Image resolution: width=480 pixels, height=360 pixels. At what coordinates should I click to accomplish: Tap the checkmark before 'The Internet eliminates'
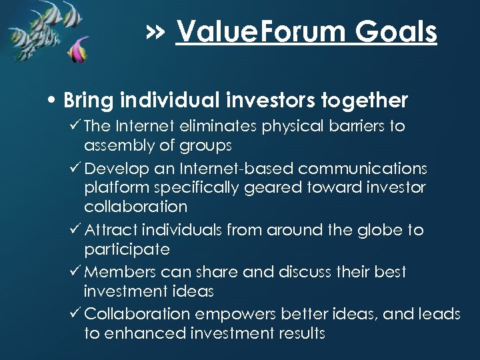click(73, 126)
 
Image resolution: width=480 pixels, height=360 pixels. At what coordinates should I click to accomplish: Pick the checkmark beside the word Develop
click(73, 167)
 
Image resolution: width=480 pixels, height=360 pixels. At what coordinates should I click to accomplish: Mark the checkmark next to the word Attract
click(73, 230)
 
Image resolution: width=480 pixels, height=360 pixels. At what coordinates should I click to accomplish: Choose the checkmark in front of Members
click(73, 272)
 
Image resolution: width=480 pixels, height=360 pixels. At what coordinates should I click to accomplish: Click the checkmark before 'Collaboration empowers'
click(73, 313)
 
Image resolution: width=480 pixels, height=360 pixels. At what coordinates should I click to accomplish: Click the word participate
click(127, 251)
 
